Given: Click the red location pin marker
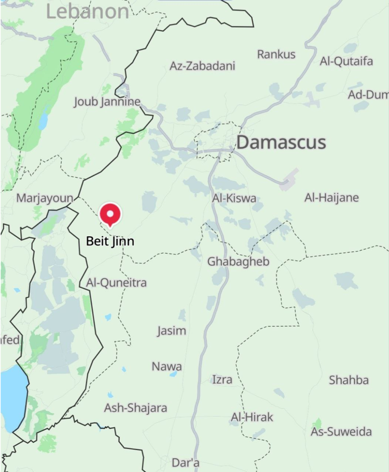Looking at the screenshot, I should pyautogui.click(x=110, y=214).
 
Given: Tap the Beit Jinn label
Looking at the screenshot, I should pyautogui.click(x=110, y=241).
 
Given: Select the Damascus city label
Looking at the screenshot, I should pyautogui.click(x=281, y=142).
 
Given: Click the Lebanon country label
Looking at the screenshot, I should pyautogui.click(x=87, y=11).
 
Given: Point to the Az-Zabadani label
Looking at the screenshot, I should pyautogui.click(x=202, y=66).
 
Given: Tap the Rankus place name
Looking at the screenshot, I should pyautogui.click(x=276, y=54).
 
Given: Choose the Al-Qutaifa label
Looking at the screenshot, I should pyautogui.click(x=346, y=61).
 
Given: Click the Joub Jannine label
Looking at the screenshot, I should pyautogui.click(x=107, y=102).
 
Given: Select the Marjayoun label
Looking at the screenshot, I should pyautogui.click(x=44, y=198).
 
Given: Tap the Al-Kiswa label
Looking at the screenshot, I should pyautogui.click(x=234, y=198).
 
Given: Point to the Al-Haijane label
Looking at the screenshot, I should pyautogui.click(x=332, y=197).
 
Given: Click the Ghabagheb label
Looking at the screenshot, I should pyautogui.click(x=238, y=261).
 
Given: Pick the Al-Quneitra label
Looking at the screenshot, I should pyautogui.click(x=116, y=282).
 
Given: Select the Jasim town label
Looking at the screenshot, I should pyautogui.click(x=172, y=331).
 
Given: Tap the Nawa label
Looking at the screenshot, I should pyautogui.click(x=167, y=366).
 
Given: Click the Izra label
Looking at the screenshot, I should pyautogui.click(x=222, y=380).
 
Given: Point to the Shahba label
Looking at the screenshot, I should pyautogui.click(x=349, y=380).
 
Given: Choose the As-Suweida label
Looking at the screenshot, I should pyautogui.click(x=341, y=431).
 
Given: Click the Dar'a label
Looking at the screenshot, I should pyautogui.click(x=185, y=463).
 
